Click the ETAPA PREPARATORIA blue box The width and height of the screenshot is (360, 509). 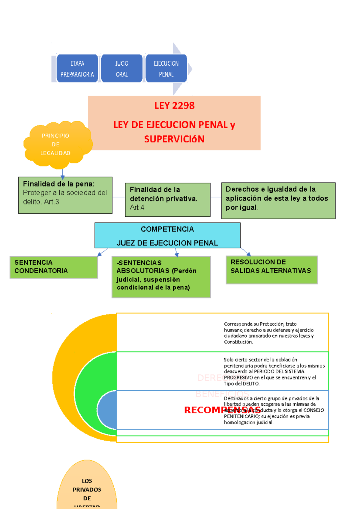(x=77, y=69)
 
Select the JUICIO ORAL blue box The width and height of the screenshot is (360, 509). (x=122, y=69)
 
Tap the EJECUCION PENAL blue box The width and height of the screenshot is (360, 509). (x=166, y=69)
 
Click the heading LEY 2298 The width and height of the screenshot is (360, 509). (x=174, y=106)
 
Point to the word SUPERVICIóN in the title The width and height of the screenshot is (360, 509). (x=174, y=139)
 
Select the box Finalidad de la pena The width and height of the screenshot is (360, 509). (x=65, y=195)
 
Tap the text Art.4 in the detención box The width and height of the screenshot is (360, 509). (x=137, y=207)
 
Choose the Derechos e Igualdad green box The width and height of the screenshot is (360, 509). (x=278, y=200)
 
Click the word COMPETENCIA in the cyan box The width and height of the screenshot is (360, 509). (x=167, y=229)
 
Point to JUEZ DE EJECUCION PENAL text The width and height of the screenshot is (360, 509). (x=167, y=243)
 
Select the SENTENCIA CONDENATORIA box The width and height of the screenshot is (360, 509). (x=54, y=267)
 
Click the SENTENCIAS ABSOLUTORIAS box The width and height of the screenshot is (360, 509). (x=161, y=277)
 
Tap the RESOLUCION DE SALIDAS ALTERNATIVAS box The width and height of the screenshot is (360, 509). (x=271, y=269)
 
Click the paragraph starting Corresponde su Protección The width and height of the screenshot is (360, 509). (x=268, y=333)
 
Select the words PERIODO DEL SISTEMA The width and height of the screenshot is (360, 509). (x=279, y=372)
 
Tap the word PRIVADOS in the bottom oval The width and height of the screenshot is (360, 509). (x=87, y=490)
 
